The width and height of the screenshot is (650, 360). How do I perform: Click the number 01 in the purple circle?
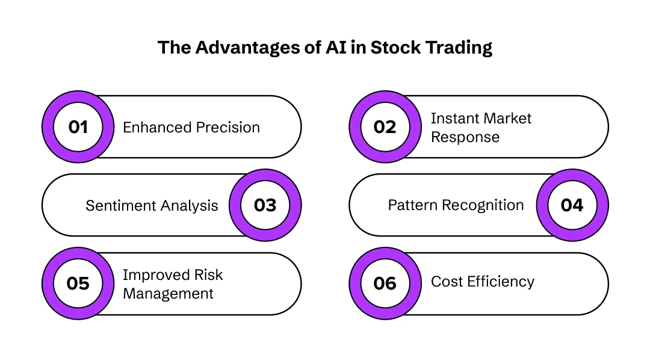[x=78, y=127]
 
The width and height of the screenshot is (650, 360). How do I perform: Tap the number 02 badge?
[x=385, y=127]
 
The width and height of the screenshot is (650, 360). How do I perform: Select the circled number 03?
[x=265, y=205]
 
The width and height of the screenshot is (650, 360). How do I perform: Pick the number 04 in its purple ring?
[x=572, y=205]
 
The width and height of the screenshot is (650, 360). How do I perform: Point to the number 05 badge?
[x=78, y=284]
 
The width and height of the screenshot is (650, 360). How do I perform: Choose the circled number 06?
[x=385, y=284]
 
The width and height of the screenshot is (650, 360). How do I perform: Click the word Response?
[x=465, y=137]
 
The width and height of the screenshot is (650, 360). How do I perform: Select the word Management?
[x=168, y=294]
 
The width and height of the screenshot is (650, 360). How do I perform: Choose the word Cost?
[x=446, y=281]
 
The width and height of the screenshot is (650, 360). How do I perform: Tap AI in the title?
[x=338, y=48]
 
